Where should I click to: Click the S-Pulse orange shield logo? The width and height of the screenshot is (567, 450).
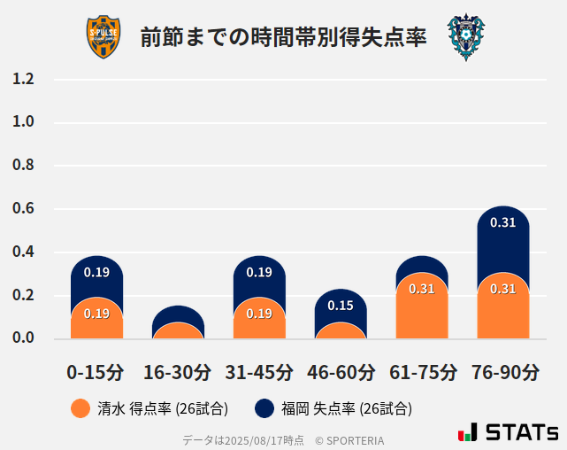point(103,37)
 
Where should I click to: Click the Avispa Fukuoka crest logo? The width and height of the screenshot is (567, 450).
point(465,37)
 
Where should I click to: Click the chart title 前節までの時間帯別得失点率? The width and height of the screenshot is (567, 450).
point(283,38)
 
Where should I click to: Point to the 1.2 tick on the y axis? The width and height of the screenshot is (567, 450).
point(23,80)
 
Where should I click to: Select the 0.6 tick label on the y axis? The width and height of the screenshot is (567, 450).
point(23,209)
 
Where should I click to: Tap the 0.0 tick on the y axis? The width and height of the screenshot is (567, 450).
point(23,338)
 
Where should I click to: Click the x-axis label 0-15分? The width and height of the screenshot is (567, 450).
point(96,372)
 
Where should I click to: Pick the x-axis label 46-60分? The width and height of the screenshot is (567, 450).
point(341,372)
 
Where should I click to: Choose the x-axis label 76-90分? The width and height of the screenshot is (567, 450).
point(503,372)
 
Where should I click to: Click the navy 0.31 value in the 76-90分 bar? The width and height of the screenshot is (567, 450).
point(502,222)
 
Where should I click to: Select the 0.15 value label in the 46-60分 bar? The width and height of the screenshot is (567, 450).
point(341,306)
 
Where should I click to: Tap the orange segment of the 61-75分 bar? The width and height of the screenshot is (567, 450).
point(422,310)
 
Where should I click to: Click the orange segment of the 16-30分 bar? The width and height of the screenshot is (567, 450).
point(178,331)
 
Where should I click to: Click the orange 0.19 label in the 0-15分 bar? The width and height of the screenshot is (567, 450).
point(96,314)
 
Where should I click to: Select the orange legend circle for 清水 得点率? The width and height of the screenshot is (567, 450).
point(80,408)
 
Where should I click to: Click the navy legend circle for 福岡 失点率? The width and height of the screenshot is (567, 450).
point(264,408)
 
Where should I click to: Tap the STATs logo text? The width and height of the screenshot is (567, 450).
point(521,432)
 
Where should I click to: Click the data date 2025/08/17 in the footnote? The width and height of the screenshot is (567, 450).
point(252,439)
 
